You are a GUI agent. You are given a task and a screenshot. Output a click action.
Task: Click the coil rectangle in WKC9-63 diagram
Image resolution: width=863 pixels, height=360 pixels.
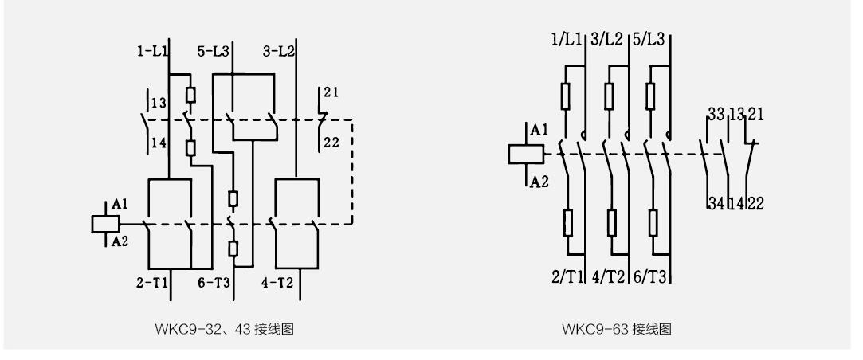pos(525,155)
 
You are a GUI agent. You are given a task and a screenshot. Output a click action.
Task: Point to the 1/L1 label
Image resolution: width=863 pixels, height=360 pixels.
pos(567,39)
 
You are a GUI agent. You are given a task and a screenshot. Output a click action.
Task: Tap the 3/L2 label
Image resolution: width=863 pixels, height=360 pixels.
pos(610,39)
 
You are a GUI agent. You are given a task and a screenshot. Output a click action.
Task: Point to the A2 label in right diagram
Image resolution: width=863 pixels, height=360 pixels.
pos(539,182)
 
